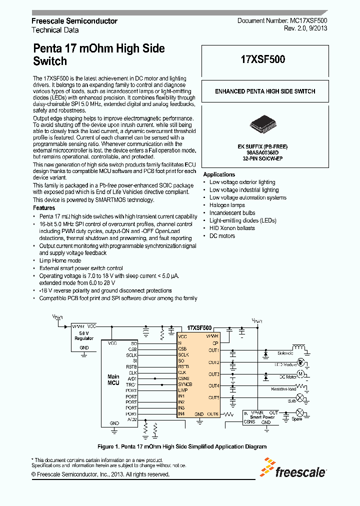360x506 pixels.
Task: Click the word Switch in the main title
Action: (x=49, y=61)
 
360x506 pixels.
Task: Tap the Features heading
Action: (x=44, y=208)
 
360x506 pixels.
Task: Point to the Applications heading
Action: (x=219, y=174)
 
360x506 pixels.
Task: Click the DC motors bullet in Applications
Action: (x=222, y=235)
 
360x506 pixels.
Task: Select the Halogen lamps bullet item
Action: (x=227, y=205)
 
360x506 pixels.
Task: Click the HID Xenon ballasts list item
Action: (x=232, y=228)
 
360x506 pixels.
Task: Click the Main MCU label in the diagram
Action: (x=113, y=379)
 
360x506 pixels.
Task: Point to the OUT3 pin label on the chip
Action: (x=213, y=374)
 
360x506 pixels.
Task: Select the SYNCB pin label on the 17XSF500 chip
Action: (x=184, y=384)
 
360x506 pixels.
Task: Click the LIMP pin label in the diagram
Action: (x=182, y=390)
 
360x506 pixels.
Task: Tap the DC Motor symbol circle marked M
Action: (x=300, y=373)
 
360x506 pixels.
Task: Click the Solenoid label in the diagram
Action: (x=285, y=353)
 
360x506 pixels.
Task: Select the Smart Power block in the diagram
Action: (x=262, y=416)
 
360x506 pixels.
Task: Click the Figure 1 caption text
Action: (x=181, y=446)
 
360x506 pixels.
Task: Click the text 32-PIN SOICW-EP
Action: (x=264, y=158)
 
